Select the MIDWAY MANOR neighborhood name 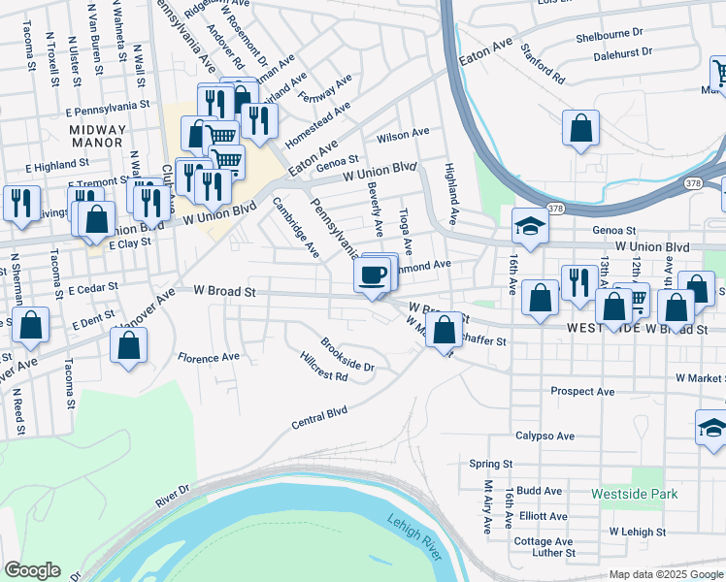pos(97,136)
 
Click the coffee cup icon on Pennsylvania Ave pos(374,275)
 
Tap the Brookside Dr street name pos(347,354)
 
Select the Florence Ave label pos(208,357)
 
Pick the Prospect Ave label pos(582,392)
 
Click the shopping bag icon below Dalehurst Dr pos(580,128)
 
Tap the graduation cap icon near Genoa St pos(530,226)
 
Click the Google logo pos(32,570)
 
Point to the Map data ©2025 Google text pos(665,574)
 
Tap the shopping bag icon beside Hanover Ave pos(128,344)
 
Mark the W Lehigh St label pos(637,532)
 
